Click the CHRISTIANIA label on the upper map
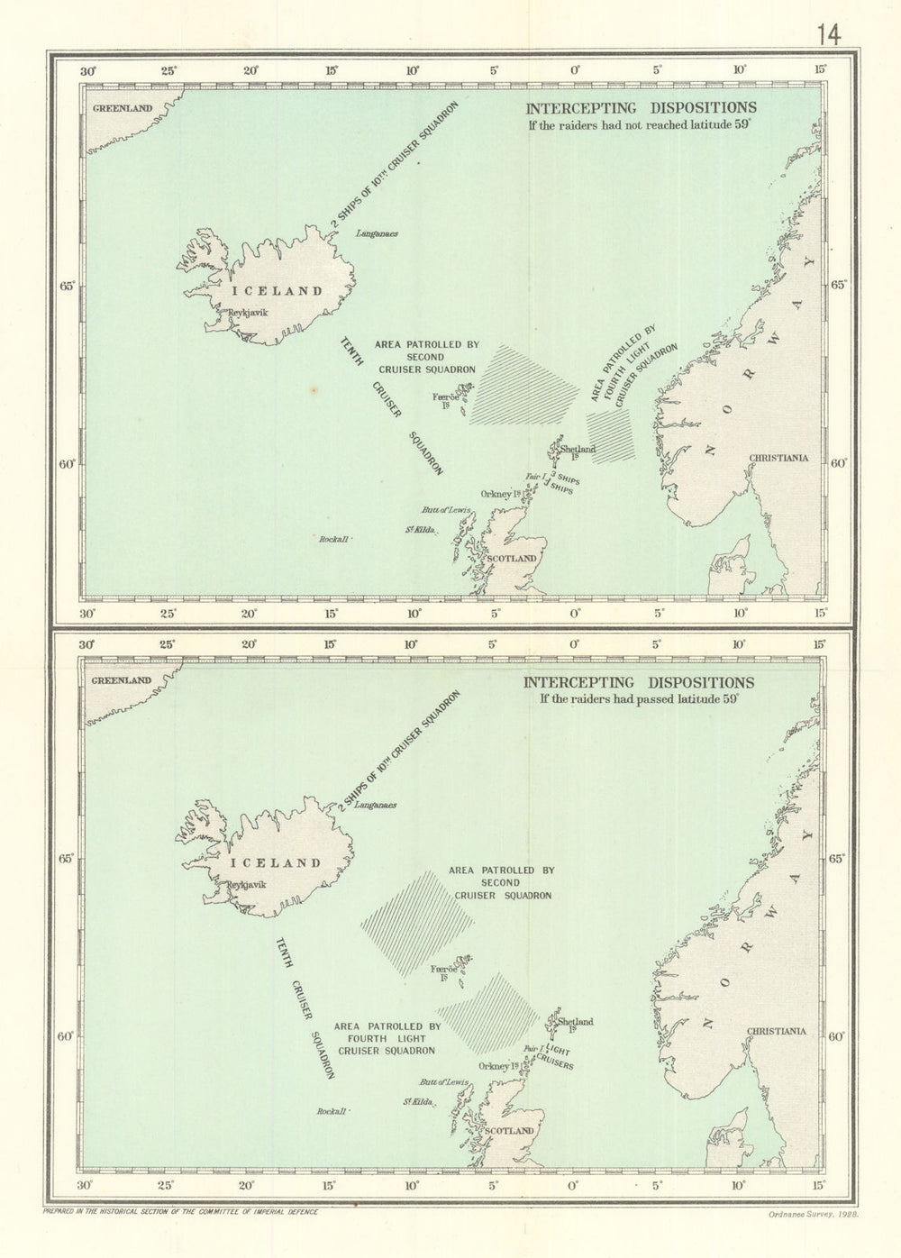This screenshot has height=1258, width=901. click(778, 458)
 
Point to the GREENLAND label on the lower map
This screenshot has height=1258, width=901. click(122, 680)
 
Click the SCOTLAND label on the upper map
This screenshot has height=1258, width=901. click(511, 558)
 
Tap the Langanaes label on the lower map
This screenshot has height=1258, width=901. click(375, 806)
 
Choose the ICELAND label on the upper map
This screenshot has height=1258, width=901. click(277, 290)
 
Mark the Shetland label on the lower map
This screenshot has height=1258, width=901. click(576, 1022)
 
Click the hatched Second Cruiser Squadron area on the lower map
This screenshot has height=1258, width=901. click(417, 921)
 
